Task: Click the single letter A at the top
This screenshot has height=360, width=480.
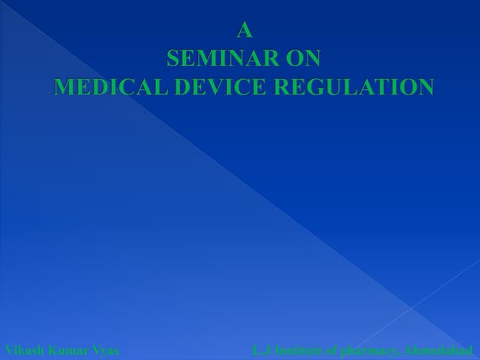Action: (x=244, y=31)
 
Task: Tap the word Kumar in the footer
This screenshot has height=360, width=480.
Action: (x=69, y=349)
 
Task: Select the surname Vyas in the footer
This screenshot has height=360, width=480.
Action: (x=106, y=349)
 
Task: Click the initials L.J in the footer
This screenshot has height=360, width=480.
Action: (x=260, y=349)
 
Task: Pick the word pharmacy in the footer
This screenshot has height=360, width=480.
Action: (x=371, y=349)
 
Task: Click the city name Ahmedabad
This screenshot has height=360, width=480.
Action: (x=439, y=349)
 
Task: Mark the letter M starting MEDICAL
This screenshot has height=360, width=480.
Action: (x=64, y=87)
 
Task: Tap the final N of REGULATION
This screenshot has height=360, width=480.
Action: (x=424, y=87)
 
